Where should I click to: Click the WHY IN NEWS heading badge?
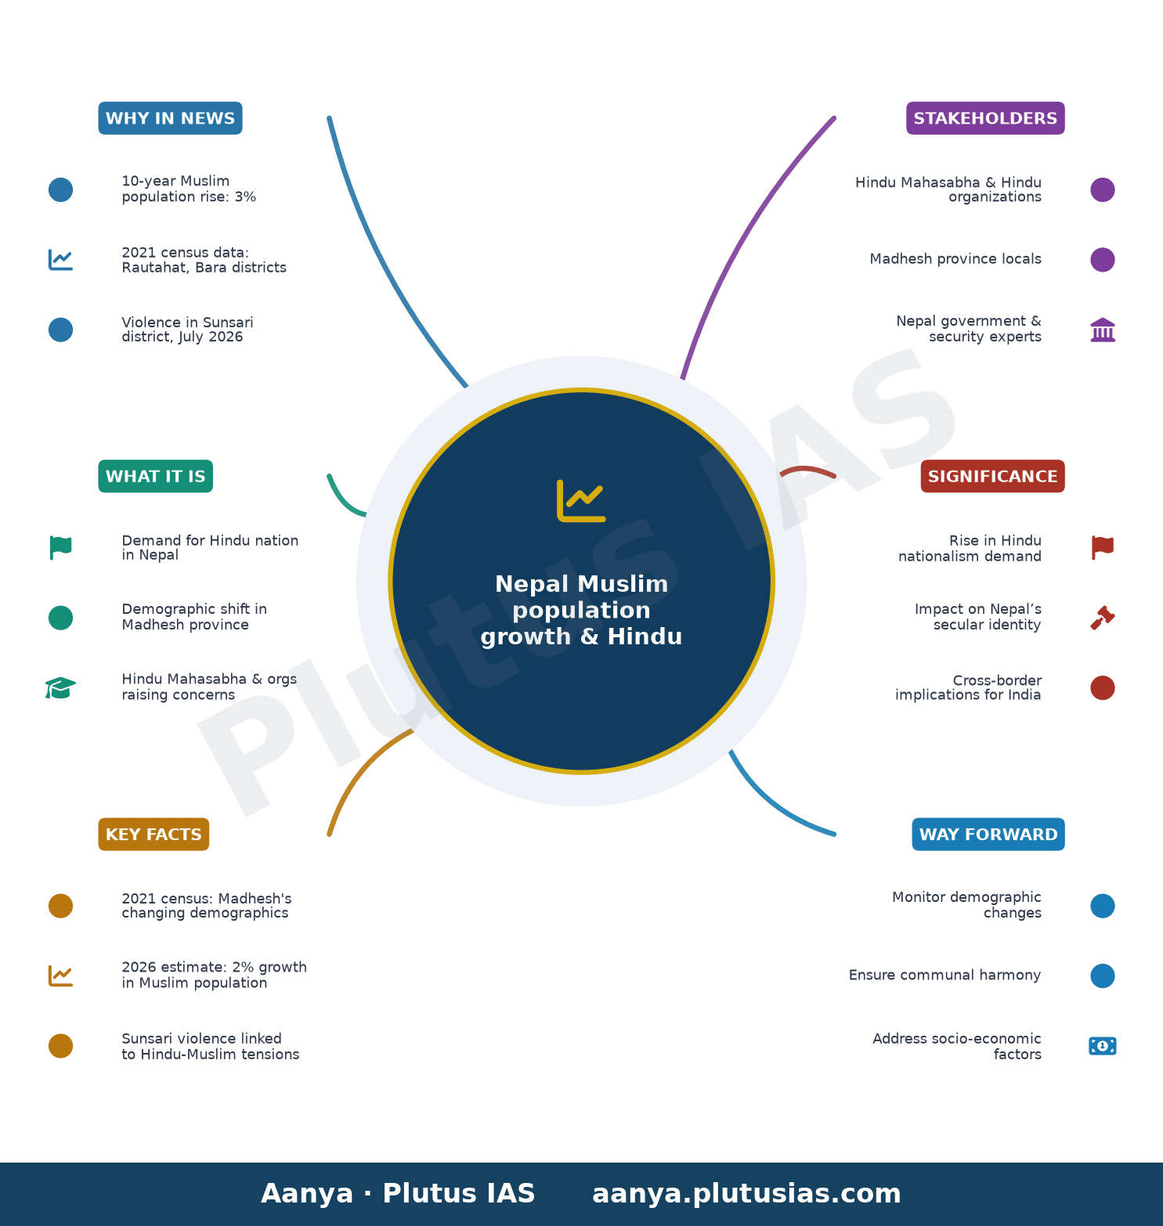coord(170,118)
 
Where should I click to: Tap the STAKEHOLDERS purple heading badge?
coord(985,118)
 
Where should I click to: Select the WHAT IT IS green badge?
coord(155,476)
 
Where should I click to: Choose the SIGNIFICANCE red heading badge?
coord(992,476)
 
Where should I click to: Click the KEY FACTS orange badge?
coord(154,834)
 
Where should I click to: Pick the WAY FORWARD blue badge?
coord(988,834)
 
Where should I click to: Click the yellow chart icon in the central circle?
coord(581,500)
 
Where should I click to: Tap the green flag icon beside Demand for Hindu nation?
coord(60,548)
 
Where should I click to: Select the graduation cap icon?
coord(60,688)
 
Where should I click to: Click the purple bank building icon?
coord(1103,330)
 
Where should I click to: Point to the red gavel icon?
coord(1103,618)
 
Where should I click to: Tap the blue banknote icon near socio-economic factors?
coord(1103,1046)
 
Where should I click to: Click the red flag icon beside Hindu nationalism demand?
coord(1103,548)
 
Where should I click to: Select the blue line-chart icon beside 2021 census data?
coord(60,260)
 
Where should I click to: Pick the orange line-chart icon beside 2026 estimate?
coord(60,975)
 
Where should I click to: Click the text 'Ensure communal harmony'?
coord(944,975)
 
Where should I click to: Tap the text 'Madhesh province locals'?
coord(955,259)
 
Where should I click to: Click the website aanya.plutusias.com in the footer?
coord(746,1194)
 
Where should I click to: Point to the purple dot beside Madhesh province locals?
coord(1103,260)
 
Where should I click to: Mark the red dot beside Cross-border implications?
coord(1103,688)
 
